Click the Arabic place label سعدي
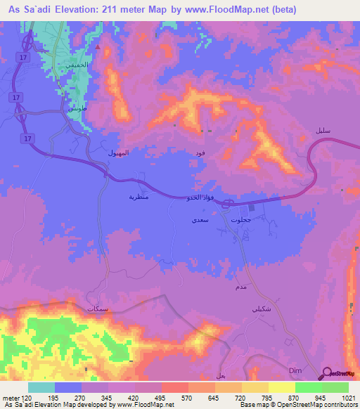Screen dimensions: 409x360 point(199,220)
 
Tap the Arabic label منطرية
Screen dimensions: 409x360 point(136,197)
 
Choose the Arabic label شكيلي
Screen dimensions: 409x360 point(261,310)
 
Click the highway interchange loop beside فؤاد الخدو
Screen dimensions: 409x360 point(229,204)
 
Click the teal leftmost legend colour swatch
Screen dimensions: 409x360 point(41,387)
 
